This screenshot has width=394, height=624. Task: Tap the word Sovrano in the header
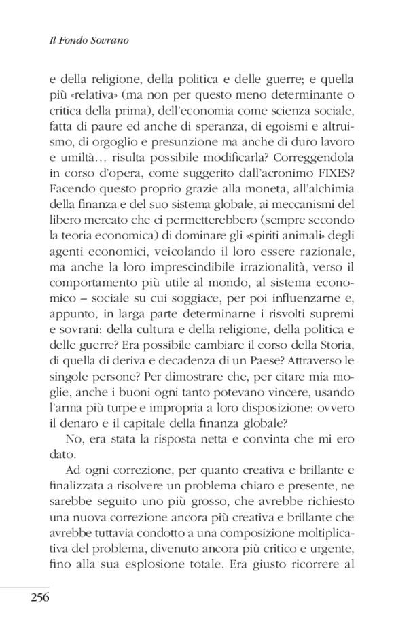tap(110, 41)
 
